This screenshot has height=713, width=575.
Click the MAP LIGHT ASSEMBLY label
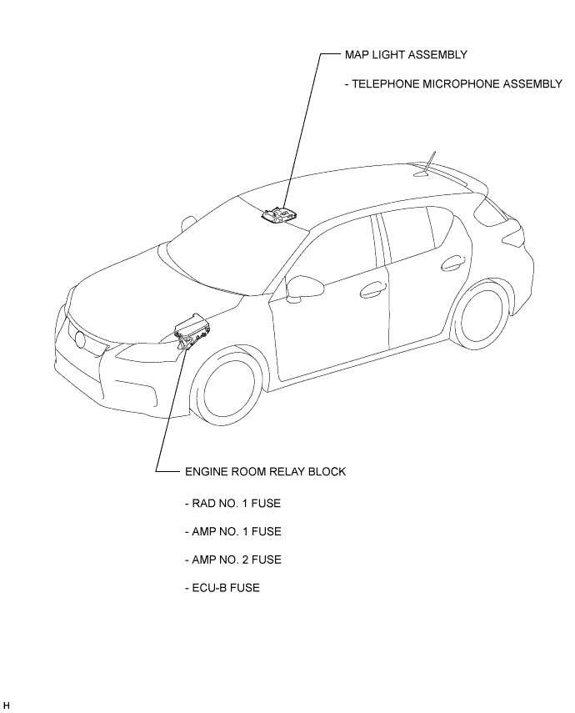[x=406, y=54]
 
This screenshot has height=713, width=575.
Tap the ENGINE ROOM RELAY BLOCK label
[x=266, y=471]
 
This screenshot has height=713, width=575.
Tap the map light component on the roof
[x=278, y=214]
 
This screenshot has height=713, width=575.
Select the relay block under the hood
[x=192, y=331]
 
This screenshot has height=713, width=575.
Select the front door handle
[x=372, y=289]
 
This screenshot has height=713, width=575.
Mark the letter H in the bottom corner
[x=6, y=705]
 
